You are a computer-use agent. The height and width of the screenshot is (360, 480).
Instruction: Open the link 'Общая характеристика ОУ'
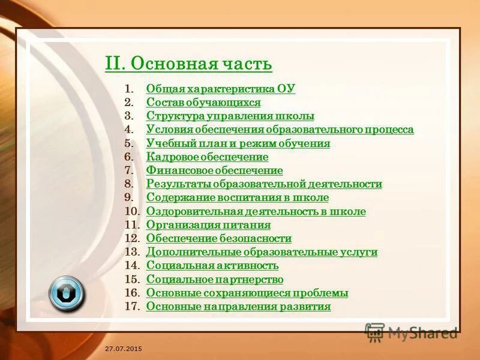pos(221,89)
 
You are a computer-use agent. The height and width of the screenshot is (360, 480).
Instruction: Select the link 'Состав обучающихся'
pos(203,103)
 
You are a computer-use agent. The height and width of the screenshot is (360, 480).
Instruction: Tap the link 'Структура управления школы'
pos(230,116)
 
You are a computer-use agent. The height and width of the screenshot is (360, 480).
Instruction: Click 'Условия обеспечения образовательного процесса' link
pos(280,130)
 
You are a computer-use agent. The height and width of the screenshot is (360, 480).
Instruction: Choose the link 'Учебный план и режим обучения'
pos(238,143)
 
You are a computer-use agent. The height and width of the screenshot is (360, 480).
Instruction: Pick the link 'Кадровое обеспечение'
pos(207,157)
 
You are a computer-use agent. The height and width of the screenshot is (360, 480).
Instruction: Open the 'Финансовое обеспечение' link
pos(214,170)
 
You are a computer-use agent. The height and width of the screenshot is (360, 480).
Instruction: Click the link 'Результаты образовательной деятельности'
pos(264,184)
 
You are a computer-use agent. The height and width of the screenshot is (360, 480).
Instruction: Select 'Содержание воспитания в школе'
pos(238,198)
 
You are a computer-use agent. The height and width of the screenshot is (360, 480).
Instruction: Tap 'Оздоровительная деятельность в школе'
pos(256,212)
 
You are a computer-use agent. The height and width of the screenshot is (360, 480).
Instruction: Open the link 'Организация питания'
pos(208,225)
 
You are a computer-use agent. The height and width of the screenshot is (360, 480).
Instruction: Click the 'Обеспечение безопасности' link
pos(219,239)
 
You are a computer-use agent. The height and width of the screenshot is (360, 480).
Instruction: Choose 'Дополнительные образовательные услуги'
pos(262,252)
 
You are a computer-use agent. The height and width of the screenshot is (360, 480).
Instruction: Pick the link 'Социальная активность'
pos(212,266)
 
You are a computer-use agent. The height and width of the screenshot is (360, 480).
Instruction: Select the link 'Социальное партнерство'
pos(215,280)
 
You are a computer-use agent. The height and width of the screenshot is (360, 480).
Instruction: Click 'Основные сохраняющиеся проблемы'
pos(247,293)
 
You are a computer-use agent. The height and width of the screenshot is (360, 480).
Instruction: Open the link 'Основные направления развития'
pos(238,307)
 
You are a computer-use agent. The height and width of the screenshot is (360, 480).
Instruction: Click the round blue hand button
pos(67,293)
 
